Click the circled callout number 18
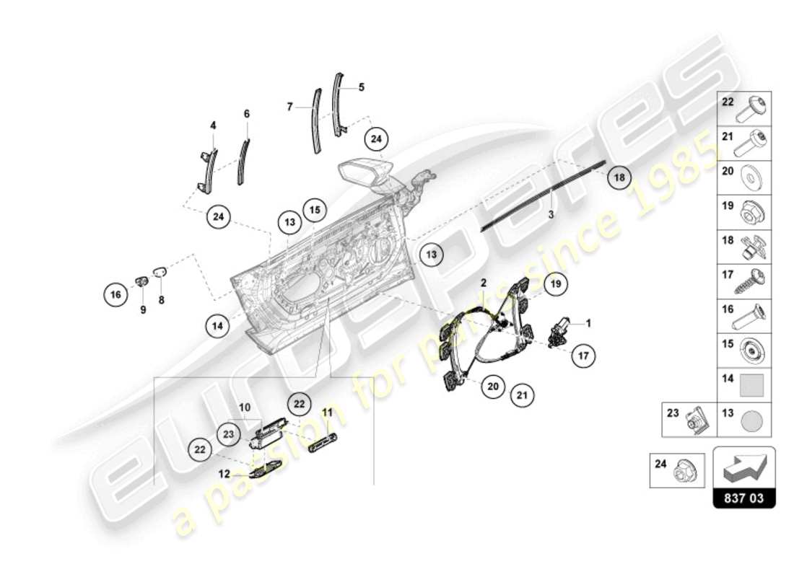coord(621,176)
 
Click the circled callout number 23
coord(229,435)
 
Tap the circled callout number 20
coord(493,386)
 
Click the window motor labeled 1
coord(559,331)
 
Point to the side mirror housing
coord(365,174)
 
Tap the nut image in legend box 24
coord(682,473)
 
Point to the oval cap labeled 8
coord(160,273)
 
